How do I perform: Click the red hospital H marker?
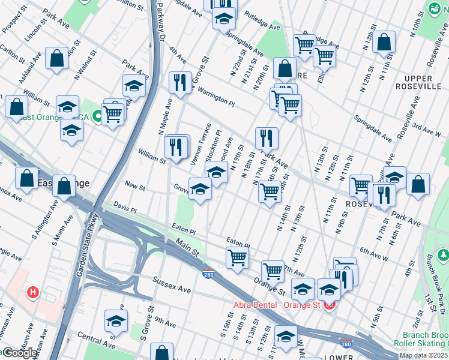34,293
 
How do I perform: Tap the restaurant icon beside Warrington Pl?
180,82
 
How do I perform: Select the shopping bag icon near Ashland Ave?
57,59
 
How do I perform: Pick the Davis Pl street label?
125,208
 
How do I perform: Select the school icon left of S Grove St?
116,320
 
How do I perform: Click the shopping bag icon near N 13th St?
384,42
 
